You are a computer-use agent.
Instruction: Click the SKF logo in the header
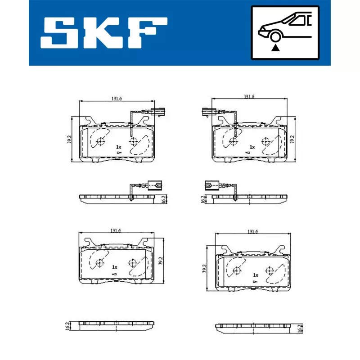tap(104, 32)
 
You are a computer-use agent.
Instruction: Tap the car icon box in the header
tap(285, 32)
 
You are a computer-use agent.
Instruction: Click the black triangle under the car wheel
tap(275, 48)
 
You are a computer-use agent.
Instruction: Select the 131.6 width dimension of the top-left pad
tap(117, 99)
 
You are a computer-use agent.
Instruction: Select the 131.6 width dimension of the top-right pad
tap(249, 96)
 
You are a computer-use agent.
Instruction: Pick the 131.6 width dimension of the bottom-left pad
tap(116, 230)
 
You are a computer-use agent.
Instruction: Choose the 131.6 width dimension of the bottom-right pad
tap(252, 232)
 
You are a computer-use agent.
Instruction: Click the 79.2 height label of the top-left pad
tap(69, 139)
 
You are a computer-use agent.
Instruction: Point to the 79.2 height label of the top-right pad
tap(292, 139)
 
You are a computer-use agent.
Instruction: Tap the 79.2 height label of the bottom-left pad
tap(161, 261)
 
